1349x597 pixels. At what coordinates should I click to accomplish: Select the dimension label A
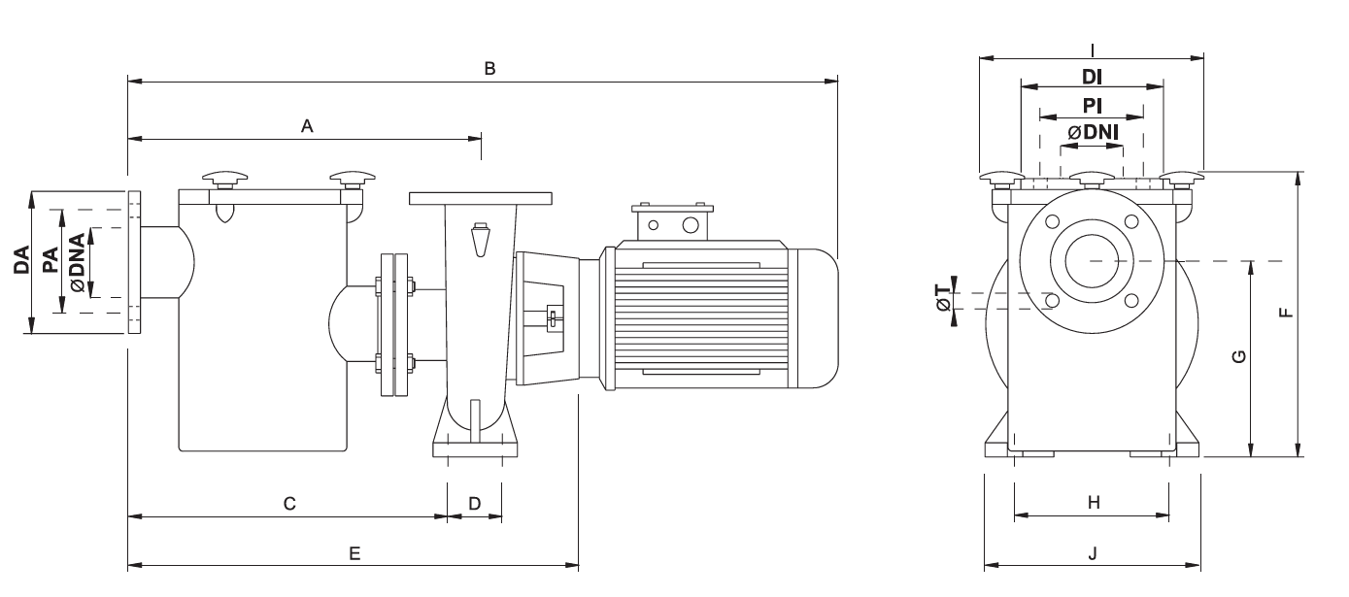[307, 125]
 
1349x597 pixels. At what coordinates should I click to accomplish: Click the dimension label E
[354, 552]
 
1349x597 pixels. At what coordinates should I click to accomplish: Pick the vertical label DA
[21, 261]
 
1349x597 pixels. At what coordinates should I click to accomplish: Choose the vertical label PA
[51, 261]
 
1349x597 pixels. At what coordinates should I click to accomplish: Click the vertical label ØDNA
[77, 261]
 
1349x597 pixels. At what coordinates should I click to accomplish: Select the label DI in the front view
[1092, 75]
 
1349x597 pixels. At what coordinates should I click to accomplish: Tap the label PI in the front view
[1092, 104]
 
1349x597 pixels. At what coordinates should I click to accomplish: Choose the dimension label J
[1093, 552]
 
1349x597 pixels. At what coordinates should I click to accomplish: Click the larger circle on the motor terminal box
[690, 225]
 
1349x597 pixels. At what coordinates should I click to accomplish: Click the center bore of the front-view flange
[1092, 260]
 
